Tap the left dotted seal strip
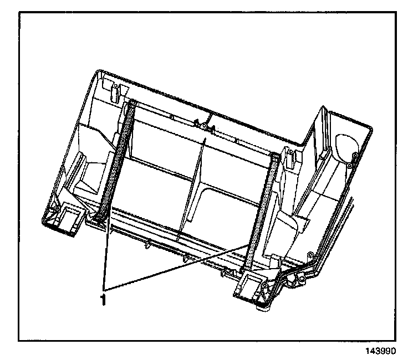(119, 161)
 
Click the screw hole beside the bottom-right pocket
(265, 286)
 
